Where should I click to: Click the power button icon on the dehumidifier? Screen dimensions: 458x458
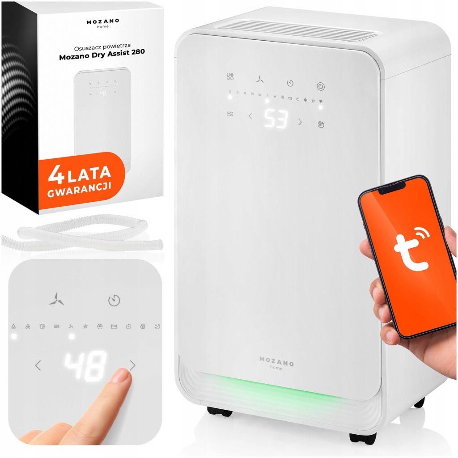321,86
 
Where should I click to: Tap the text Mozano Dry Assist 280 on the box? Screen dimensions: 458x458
102,54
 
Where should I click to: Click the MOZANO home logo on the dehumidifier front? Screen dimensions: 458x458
276,363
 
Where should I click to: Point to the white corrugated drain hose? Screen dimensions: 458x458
82,234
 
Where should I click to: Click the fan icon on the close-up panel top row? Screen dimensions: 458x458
57,298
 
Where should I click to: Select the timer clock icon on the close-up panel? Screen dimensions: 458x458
114,300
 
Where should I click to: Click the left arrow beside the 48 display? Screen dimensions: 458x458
38,365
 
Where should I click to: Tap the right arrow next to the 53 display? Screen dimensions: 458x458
300,122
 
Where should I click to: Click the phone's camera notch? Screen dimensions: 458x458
392,189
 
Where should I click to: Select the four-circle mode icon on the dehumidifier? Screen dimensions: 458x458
230,76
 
